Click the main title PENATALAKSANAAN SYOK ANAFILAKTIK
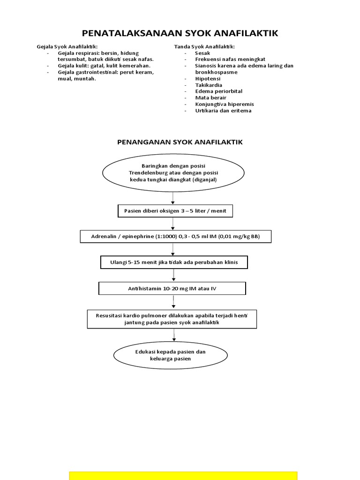[x=180, y=33]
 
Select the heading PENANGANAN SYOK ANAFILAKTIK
[x=180, y=142]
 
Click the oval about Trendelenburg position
[x=173, y=172]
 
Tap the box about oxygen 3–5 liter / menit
[x=175, y=211]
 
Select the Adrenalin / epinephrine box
[x=175, y=237]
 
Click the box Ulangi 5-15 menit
[x=174, y=262]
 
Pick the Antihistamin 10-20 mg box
[x=172, y=288]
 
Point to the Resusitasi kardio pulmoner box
[x=172, y=319]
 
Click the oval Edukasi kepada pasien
[x=171, y=355]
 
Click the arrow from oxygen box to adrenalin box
[x=173, y=224]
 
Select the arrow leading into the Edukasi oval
[x=174, y=335]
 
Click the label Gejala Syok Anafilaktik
[x=67, y=47]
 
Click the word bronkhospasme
[x=216, y=72]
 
